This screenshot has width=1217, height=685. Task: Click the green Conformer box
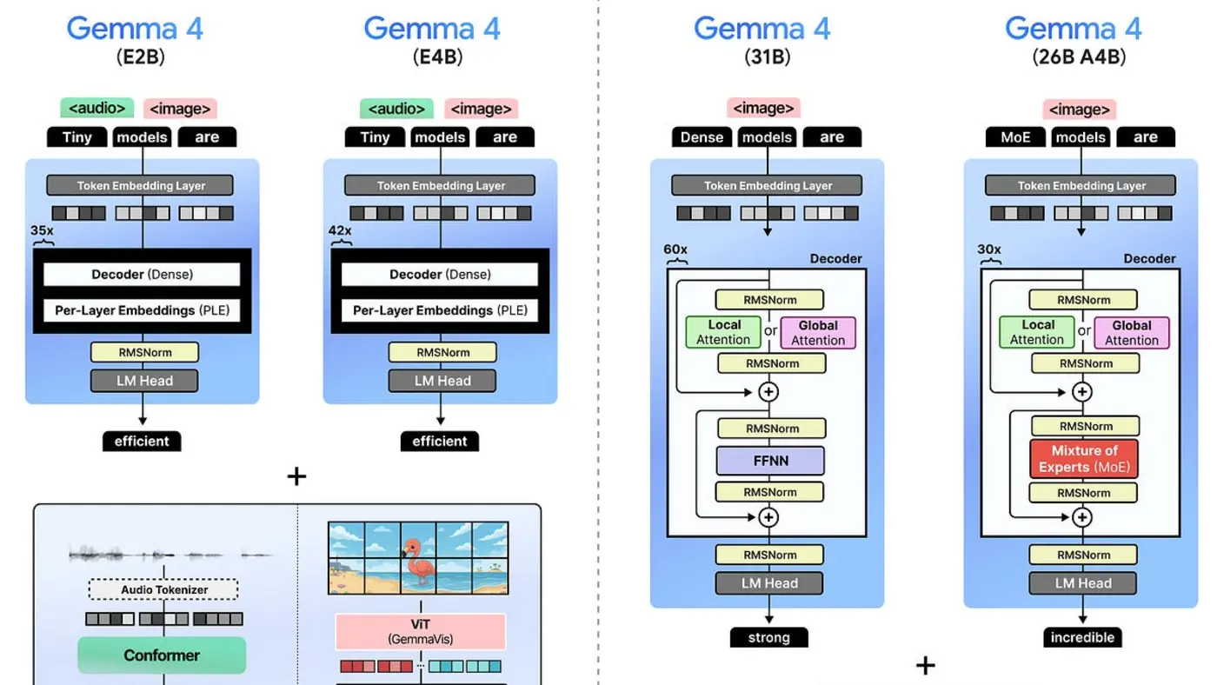pyautogui.click(x=162, y=655)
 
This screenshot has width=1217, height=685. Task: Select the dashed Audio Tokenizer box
pyautogui.click(x=163, y=589)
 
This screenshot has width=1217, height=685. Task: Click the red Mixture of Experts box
pyautogui.click(x=1083, y=459)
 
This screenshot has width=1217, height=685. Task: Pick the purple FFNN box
pyautogui.click(x=770, y=461)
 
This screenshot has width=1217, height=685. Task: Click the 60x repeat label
pyautogui.click(x=675, y=249)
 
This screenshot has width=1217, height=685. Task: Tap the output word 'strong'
pyautogui.click(x=768, y=637)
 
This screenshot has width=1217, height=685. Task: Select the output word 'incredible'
pyautogui.click(x=1082, y=637)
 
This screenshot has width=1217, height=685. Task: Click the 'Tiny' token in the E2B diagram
pyautogui.click(x=76, y=137)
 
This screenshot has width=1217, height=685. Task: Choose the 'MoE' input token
pyautogui.click(x=1016, y=137)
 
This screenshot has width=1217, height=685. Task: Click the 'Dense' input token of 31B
pyautogui.click(x=702, y=137)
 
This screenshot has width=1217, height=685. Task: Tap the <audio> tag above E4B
pyautogui.click(x=396, y=109)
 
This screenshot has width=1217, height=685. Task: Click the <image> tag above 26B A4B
pyautogui.click(x=1080, y=110)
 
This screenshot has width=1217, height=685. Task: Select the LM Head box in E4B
pyautogui.click(x=442, y=381)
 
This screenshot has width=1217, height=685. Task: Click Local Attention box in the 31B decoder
pyautogui.click(x=723, y=332)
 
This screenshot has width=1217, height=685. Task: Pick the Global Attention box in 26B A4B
pyautogui.click(x=1131, y=332)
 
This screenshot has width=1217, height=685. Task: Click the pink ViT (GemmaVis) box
pyautogui.click(x=420, y=631)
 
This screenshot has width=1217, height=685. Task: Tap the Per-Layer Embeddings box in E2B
pyautogui.click(x=142, y=310)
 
